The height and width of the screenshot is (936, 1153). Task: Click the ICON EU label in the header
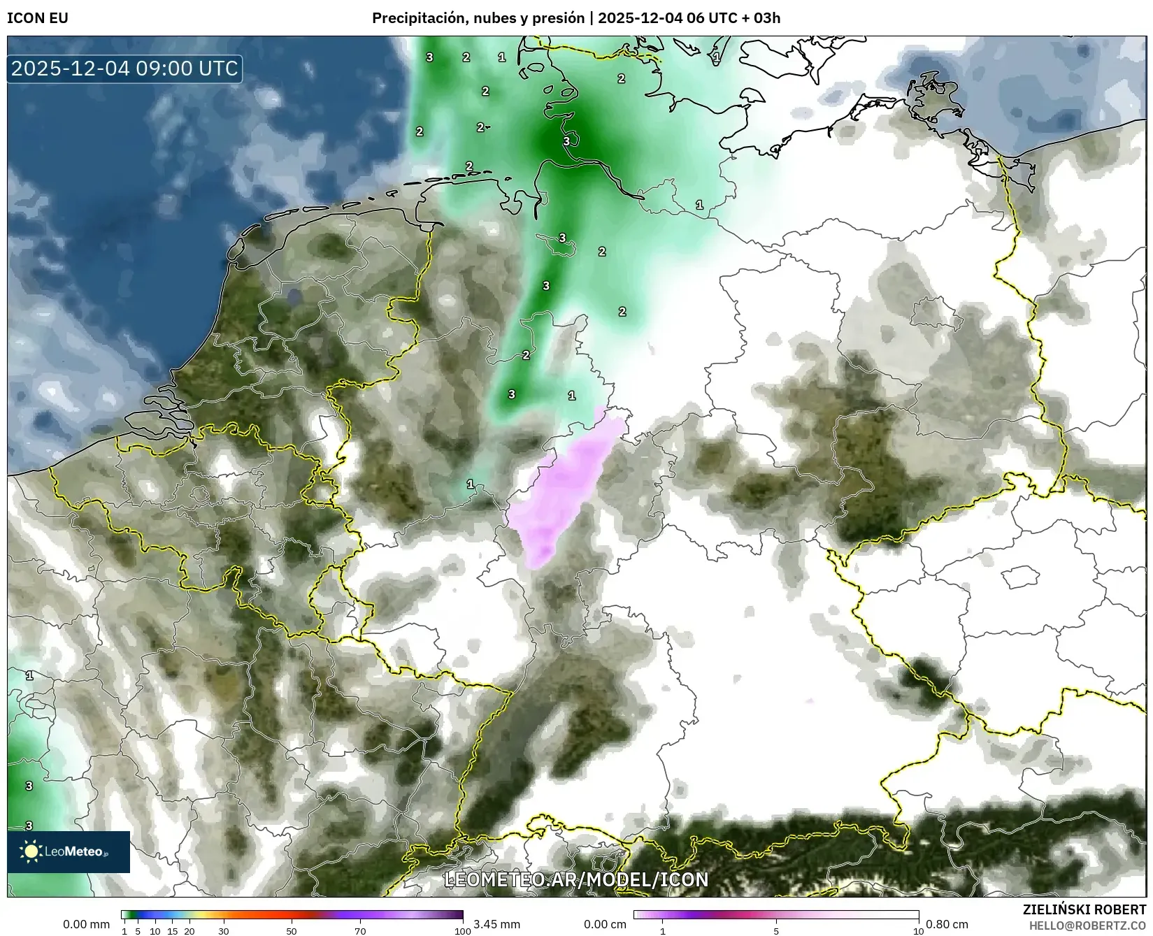click(38, 18)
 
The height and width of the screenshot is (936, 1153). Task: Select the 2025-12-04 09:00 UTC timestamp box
click(124, 69)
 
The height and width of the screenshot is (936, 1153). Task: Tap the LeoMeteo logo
click(69, 851)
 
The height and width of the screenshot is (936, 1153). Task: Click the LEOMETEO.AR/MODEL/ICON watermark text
click(576, 879)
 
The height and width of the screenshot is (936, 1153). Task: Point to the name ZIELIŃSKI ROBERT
click(1084, 909)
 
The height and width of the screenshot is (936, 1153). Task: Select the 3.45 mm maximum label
click(496, 924)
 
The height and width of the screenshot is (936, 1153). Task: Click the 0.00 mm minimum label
click(86, 924)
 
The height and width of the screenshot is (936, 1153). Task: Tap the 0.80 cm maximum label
click(947, 924)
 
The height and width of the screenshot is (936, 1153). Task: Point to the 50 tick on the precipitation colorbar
click(292, 930)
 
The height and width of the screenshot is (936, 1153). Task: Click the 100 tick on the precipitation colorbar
click(462, 930)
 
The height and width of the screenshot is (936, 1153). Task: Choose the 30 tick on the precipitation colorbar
click(223, 930)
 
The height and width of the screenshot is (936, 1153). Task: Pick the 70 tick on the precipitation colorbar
click(360, 930)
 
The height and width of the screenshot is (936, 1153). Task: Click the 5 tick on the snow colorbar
click(776, 930)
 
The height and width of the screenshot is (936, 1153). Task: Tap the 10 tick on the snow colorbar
click(918, 930)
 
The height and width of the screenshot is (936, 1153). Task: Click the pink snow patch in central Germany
click(566, 489)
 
